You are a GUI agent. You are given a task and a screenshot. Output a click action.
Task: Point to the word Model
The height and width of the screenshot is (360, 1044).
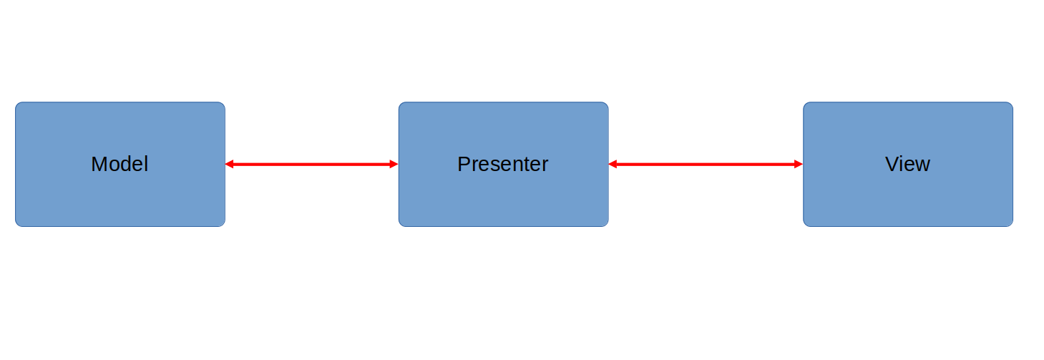(119, 164)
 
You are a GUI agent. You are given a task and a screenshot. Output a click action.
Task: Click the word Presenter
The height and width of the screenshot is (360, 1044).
(502, 164)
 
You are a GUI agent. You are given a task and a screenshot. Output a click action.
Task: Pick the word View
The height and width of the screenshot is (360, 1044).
(907, 164)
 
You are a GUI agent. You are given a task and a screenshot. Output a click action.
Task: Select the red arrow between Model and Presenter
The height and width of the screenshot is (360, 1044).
(311, 164)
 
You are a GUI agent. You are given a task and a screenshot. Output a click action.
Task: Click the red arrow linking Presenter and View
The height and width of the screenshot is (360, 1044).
(706, 164)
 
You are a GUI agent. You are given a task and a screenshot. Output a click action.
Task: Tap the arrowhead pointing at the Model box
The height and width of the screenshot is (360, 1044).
(230, 164)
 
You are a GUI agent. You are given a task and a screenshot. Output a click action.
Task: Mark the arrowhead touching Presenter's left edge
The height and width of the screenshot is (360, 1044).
(394, 164)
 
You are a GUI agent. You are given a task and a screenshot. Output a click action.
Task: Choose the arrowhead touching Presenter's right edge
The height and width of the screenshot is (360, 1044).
(613, 164)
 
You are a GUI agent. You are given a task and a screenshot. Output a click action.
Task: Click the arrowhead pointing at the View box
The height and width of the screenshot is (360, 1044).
(798, 164)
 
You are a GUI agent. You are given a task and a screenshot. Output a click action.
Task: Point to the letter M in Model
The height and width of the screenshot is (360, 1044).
(99, 164)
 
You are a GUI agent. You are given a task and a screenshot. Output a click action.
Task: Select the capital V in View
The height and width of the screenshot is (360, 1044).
(892, 164)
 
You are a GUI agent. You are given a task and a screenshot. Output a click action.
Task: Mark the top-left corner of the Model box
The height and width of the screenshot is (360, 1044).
(17, 104)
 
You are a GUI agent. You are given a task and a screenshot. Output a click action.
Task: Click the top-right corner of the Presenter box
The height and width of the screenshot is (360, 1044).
(607, 104)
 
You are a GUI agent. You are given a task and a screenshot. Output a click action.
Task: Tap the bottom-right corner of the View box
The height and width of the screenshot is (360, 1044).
(1011, 225)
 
